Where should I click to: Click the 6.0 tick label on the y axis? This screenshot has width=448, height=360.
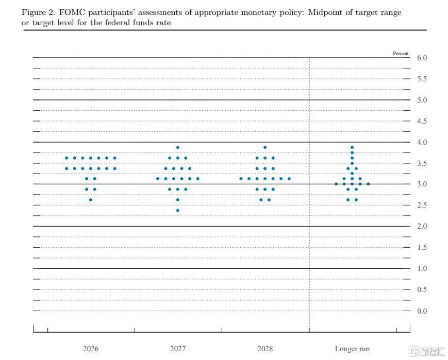click(x=422, y=58)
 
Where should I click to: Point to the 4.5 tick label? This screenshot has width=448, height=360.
click(x=422, y=121)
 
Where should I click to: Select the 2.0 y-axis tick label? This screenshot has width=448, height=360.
click(x=422, y=227)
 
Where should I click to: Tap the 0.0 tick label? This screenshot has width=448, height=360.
click(x=422, y=311)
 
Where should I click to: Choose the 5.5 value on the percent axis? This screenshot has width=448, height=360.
click(x=422, y=79)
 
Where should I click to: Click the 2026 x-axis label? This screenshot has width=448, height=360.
click(x=91, y=349)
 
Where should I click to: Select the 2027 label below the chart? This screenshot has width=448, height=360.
click(x=178, y=349)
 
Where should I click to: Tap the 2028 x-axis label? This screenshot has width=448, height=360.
click(x=265, y=349)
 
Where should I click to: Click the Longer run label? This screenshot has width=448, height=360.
click(x=352, y=349)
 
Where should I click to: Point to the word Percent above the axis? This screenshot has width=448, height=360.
click(x=401, y=54)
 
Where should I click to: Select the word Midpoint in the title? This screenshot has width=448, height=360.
click(x=325, y=12)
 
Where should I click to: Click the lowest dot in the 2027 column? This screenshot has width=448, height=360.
click(x=178, y=210)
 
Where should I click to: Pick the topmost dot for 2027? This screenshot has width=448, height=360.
click(x=178, y=147)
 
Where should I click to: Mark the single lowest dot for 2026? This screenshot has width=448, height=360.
click(x=91, y=200)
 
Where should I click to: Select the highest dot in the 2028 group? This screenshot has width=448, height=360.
click(x=265, y=147)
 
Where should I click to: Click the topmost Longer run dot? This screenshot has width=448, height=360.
click(x=352, y=147)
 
